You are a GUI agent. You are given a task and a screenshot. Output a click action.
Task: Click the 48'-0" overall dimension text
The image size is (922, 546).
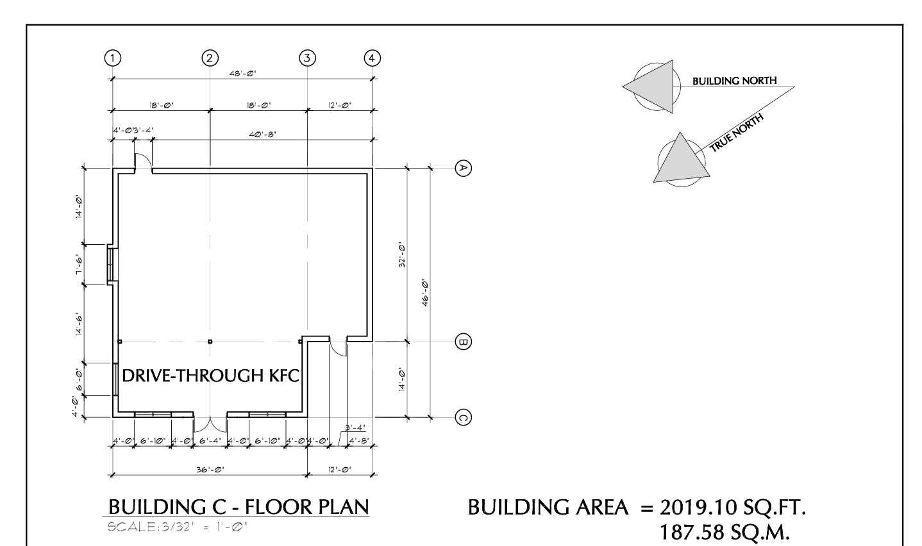tap(243, 74)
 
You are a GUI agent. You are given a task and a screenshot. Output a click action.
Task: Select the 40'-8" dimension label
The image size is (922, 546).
tap(263, 135)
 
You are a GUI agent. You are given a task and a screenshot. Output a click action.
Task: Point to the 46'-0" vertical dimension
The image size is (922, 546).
tap(425, 293)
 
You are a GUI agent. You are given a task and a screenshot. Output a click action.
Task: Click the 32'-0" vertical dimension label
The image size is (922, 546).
tap(402, 256)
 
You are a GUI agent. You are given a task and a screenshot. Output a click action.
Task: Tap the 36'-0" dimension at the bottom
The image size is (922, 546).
tap(210, 470)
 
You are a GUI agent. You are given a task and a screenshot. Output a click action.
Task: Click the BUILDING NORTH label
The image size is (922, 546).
tap(735, 81)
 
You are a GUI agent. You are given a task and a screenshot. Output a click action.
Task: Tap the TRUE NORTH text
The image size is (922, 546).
tap(737, 133)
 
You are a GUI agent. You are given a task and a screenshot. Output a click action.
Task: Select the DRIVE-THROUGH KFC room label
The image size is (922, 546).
tap(211, 376)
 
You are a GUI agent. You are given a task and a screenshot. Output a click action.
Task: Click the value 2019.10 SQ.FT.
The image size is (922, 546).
tap(733, 508)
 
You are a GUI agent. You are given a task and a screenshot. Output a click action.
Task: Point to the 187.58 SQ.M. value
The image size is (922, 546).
tap(725, 532)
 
